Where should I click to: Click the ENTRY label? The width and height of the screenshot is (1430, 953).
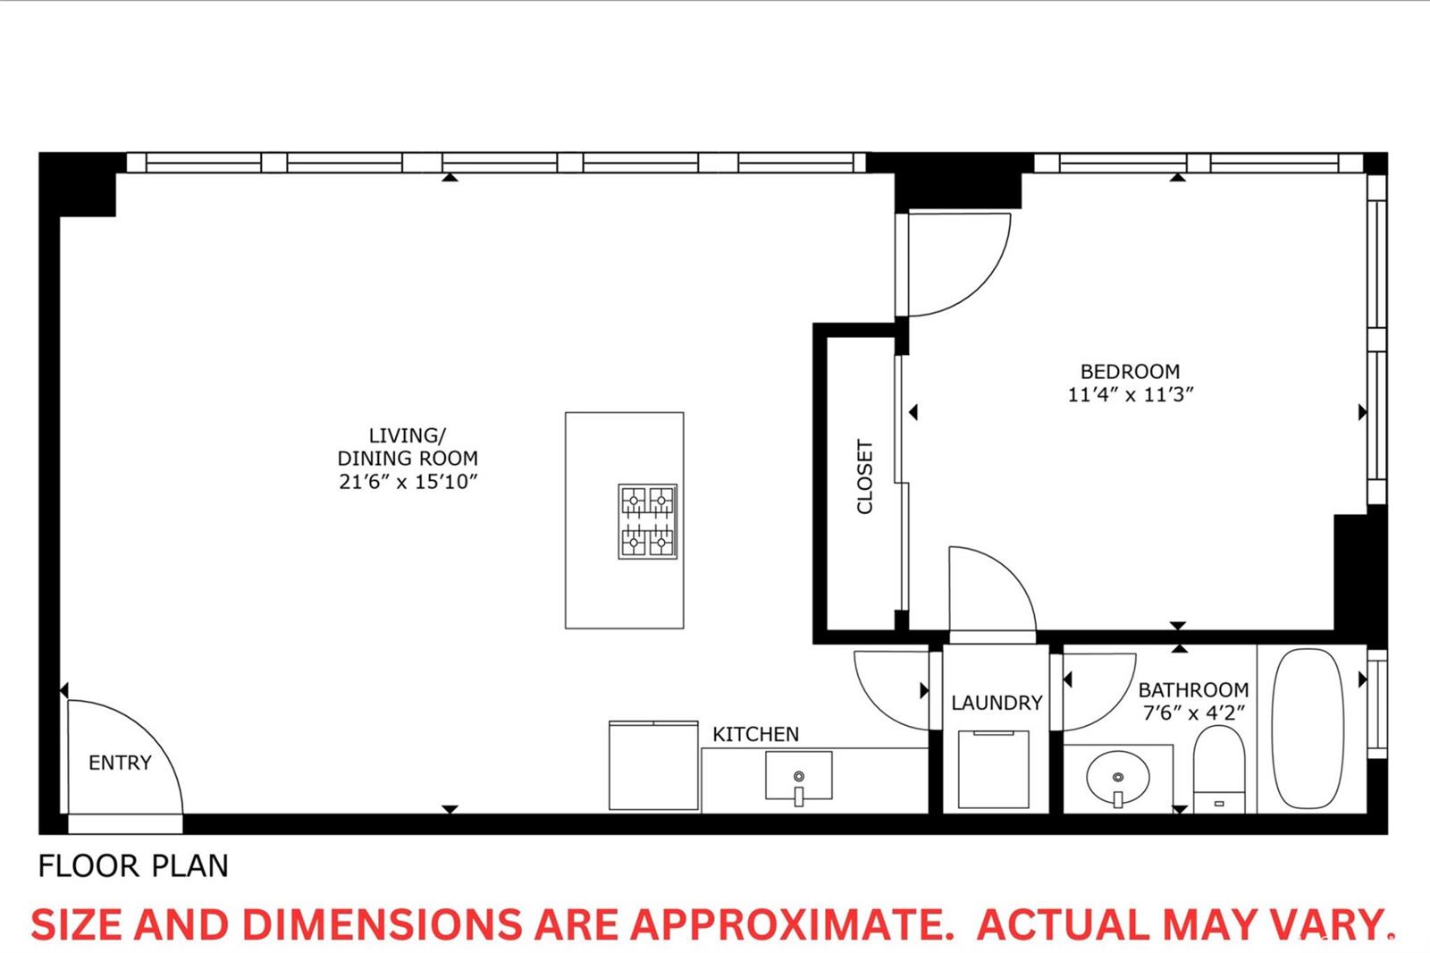coord(120,763)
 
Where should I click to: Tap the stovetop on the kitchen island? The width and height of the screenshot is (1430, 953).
coord(647,521)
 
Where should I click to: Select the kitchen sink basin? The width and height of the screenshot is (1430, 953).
coord(799,775)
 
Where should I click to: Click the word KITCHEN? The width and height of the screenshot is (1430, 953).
coord(756,735)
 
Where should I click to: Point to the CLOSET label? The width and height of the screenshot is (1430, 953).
coord(864,476)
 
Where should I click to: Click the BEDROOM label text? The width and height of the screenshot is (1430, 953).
coord(1130,372)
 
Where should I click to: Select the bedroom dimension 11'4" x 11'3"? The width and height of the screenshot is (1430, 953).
coord(1131,395)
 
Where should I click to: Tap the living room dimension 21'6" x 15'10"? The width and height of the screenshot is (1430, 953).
coord(408,482)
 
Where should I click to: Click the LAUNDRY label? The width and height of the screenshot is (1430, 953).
coord(997,703)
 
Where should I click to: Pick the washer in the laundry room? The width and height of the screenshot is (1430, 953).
coord(993,769)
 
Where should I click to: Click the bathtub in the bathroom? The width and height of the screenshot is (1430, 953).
coord(1308,729)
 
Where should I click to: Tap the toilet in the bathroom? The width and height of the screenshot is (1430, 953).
coord(1219,770)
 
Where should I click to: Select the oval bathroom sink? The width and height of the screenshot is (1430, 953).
coord(1118,778)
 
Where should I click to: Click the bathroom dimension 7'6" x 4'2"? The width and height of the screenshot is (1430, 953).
coord(1194,713)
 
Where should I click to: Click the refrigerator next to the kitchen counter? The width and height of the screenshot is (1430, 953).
coord(653,765)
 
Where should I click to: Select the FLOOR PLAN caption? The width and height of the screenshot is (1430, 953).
coord(133,866)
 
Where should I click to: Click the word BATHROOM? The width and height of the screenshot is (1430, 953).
coord(1194,690)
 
